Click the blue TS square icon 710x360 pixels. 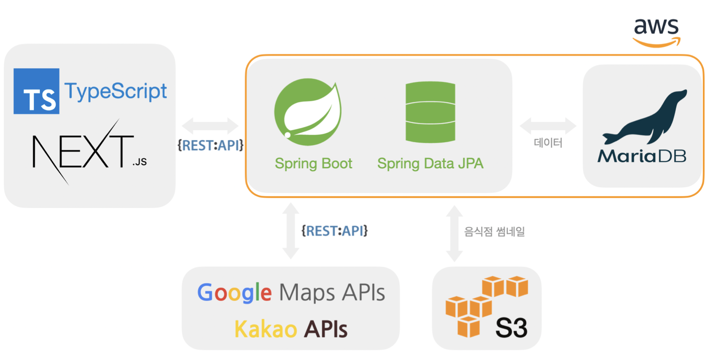(36, 91)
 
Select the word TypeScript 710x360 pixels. (116, 91)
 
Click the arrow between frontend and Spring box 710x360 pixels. (210, 126)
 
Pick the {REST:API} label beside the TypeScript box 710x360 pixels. (210, 145)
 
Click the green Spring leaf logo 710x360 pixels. (308, 112)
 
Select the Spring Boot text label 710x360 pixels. (313, 164)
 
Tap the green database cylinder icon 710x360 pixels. (430, 112)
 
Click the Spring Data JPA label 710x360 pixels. (430, 164)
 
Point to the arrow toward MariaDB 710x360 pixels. (548, 125)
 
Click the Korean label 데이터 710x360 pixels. (548, 143)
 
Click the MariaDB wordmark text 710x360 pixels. (642, 156)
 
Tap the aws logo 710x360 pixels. (656, 32)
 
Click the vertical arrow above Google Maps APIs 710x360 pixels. (291, 231)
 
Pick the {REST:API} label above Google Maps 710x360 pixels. (334, 231)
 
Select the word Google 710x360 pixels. (234, 293)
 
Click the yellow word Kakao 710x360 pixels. (266, 329)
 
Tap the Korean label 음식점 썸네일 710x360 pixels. (494, 231)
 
